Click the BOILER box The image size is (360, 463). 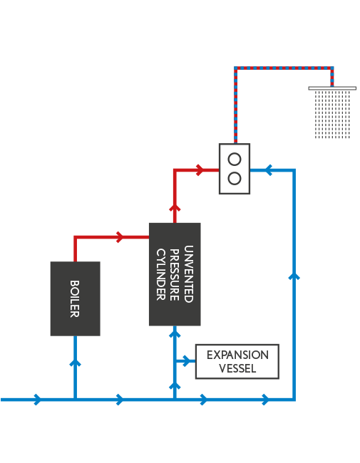click(x=75, y=298)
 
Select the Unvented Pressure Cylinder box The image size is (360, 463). click(x=175, y=274)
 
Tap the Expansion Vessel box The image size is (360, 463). click(x=237, y=361)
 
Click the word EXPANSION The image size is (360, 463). click(x=237, y=355)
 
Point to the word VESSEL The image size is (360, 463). click(x=237, y=368)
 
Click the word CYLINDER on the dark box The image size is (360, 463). click(x=161, y=274)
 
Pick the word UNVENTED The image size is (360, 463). click(x=189, y=274)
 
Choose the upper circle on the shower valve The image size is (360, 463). click(x=235, y=160)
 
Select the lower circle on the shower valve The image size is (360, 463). click(x=235, y=178)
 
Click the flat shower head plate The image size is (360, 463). click(x=332, y=88)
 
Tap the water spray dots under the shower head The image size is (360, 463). click(x=332, y=115)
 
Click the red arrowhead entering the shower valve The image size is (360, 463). click(x=200, y=170)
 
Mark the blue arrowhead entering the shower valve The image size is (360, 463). click(x=268, y=170)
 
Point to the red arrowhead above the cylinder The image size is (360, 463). click(x=175, y=207)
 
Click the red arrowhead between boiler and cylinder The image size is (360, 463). click(x=120, y=236)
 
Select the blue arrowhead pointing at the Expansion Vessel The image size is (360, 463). click(x=187, y=361)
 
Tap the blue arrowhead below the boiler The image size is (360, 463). click(x=75, y=363)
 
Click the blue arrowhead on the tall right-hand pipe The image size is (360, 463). click(x=294, y=276)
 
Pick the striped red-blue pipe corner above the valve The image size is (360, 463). click(x=235, y=68)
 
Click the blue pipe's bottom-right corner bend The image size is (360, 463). click(x=294, y=400)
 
